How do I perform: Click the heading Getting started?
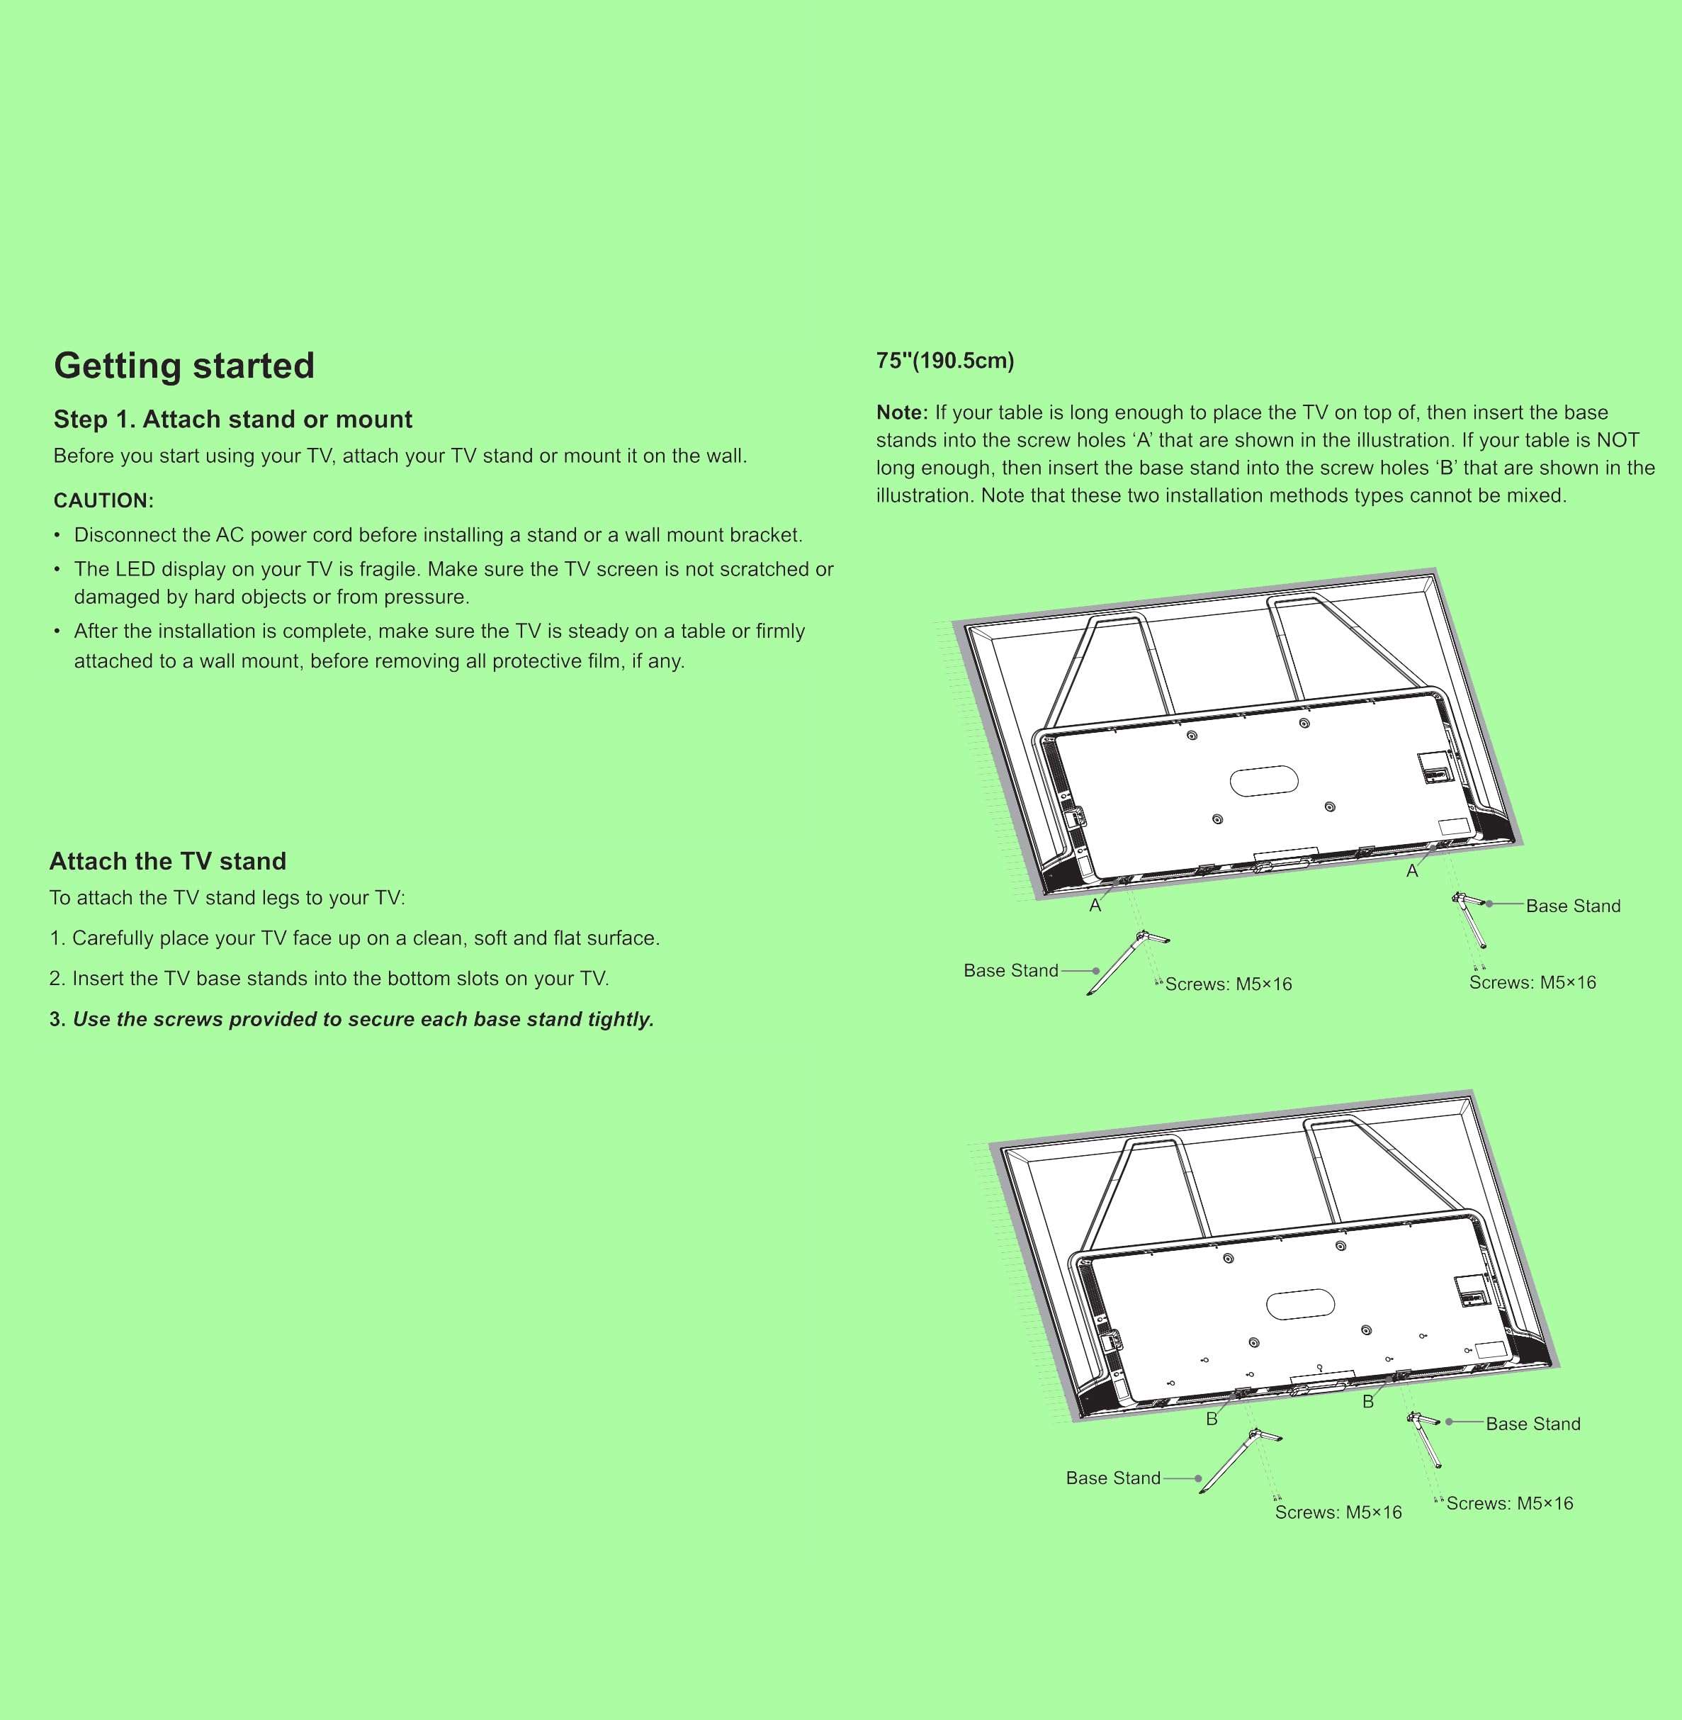184,366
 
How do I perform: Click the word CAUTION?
103,501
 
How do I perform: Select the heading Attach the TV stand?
168,861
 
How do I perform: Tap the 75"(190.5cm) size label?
944,361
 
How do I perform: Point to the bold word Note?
902,412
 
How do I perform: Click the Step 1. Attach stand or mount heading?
232,419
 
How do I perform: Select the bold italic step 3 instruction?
351,1019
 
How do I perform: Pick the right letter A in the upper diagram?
1411,871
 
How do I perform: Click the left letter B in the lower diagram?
1212,1420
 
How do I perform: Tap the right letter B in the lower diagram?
1368,1402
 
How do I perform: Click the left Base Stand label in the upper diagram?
1010,971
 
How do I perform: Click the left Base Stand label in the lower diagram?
1113,1478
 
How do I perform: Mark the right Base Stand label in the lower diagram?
1533,1424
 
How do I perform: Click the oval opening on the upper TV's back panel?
1264,780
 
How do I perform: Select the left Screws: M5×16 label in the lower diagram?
1338,1512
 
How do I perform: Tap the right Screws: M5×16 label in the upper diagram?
1533,982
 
